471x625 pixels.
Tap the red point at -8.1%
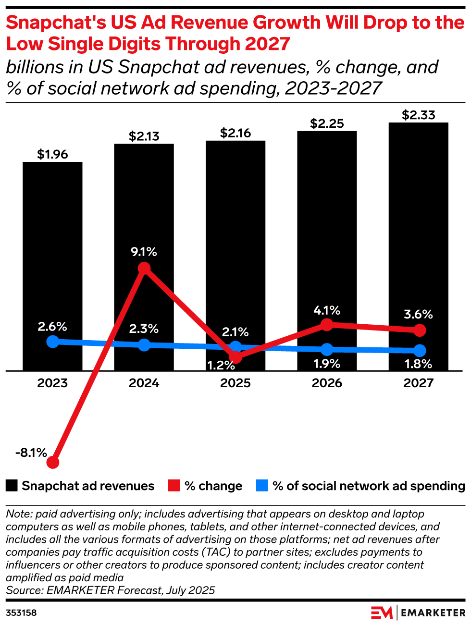(x=53, y=462)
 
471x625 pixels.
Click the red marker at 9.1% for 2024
(x=144, y=268)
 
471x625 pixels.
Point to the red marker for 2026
(x=327, y=325)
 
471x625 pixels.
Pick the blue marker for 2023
(x=53, y=342)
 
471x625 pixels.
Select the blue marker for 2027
(x=420, y=350)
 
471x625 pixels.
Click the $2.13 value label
(x=144, y=136)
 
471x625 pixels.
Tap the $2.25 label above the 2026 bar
(x=327, y=124)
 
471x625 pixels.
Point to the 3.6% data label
(x=418, y=315)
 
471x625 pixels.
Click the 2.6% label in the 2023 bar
(x=52, y=327)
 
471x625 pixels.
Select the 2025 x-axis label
(x=235, y=383)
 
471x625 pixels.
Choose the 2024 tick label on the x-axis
(x=144, y=383)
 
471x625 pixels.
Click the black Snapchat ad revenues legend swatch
(x=12, y=486)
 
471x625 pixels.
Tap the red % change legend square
(x=174, y=486)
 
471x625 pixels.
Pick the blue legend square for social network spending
(x=262, y=486)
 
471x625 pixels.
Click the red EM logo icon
(x=382, y=613)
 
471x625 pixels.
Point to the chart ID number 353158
(x=21, y=613)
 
